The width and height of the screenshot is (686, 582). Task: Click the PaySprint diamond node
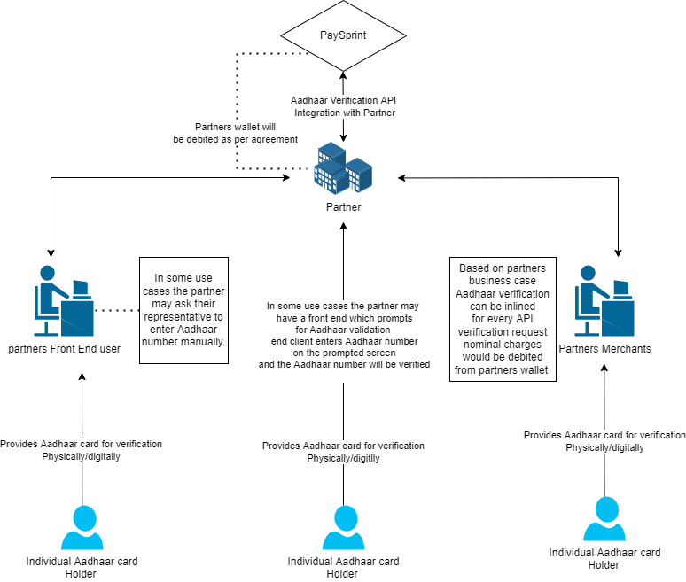click(x=343, y=35)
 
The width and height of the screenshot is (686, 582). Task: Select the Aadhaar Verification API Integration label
click(x=343, y=107)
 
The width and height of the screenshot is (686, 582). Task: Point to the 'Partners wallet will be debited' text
click(x=233, y=133)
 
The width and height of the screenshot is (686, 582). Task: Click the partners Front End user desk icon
click(x=63, y=301)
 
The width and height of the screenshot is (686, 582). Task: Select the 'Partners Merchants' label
click(x=604, y=349)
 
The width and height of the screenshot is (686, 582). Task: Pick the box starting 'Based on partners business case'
click(x=503, y=319)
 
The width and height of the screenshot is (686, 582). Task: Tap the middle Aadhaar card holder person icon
click(x=343, y=528)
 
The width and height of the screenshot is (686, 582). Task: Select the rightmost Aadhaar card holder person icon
click(x=604, y=519)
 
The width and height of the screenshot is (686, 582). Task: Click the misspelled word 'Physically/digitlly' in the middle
click(x=343, y=458)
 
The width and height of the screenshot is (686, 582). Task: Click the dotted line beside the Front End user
click(x=118, y=310)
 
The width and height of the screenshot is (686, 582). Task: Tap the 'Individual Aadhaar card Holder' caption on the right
click(x=604, y=559)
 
